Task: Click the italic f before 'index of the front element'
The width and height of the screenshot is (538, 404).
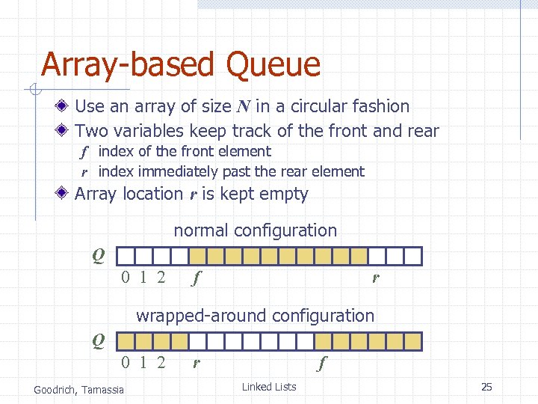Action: coord(85,152)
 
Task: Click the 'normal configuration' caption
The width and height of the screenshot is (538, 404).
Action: coord(255,230)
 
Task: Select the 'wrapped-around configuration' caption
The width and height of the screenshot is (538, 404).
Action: coord(255,316)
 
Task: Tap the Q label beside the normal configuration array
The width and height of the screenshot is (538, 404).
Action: coord(98,256)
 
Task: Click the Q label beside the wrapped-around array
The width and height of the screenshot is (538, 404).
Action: coord(98,341)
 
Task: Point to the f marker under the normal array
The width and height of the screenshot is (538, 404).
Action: coord(196,279)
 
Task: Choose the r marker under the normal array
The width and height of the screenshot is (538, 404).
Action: coord(376,279)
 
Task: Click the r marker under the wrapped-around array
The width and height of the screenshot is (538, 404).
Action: coord(196,364)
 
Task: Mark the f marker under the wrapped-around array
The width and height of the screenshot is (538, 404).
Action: coord(321,364)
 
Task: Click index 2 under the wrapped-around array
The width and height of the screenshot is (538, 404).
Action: coord(161,364)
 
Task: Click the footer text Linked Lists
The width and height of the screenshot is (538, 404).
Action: coord(269,387)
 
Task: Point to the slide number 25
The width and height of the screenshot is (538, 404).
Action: coord(486,387)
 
